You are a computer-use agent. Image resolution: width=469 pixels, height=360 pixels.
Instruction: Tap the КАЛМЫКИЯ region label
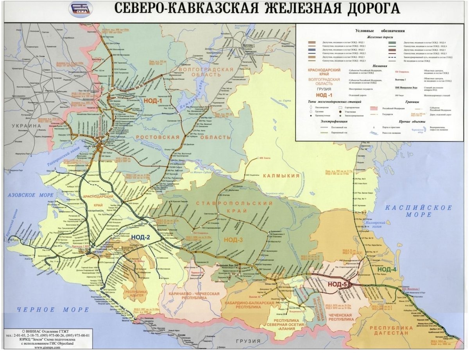click(x=281, y=176)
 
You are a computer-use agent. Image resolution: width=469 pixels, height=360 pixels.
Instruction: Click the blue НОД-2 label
click(x=141, y=237)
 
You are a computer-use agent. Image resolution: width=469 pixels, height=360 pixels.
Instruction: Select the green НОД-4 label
click(x=387, y=269)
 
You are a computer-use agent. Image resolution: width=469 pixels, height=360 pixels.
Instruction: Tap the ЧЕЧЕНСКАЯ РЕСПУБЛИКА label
click(x=340, y=317)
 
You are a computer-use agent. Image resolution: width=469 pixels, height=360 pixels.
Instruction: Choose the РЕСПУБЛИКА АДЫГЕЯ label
click(x=136, y=295)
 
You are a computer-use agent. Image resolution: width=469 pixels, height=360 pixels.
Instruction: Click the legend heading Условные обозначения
click(x=379, y=31)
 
